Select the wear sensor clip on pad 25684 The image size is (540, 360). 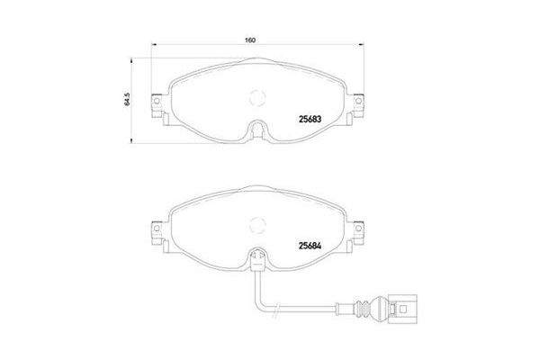(x=257, y=261)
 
